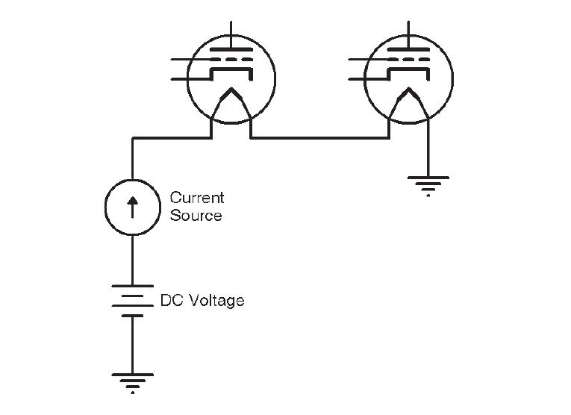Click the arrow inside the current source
[x=133, y=207]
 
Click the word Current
[x=197, y=198]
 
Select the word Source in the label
[x=196, y=215]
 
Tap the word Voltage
[x=218, y=301]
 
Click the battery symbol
[x=133, y=301]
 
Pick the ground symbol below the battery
[x=133, y=383]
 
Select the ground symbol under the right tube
[x=428, y=186]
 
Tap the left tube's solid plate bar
[x=231, y=49]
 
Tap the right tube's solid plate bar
[x=408, y=49]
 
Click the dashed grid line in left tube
[x=231, y=59]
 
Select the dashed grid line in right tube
[x=408, y=59]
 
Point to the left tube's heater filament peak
[x=231, y=89]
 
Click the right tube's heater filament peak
[x=408, y=89]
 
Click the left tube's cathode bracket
[x=231, y=69]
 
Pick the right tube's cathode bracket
[x=408, y=69]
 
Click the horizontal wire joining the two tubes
[x=320, y=138]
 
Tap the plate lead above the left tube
[x=231, y=34]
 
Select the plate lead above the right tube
[x=408, y=34]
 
